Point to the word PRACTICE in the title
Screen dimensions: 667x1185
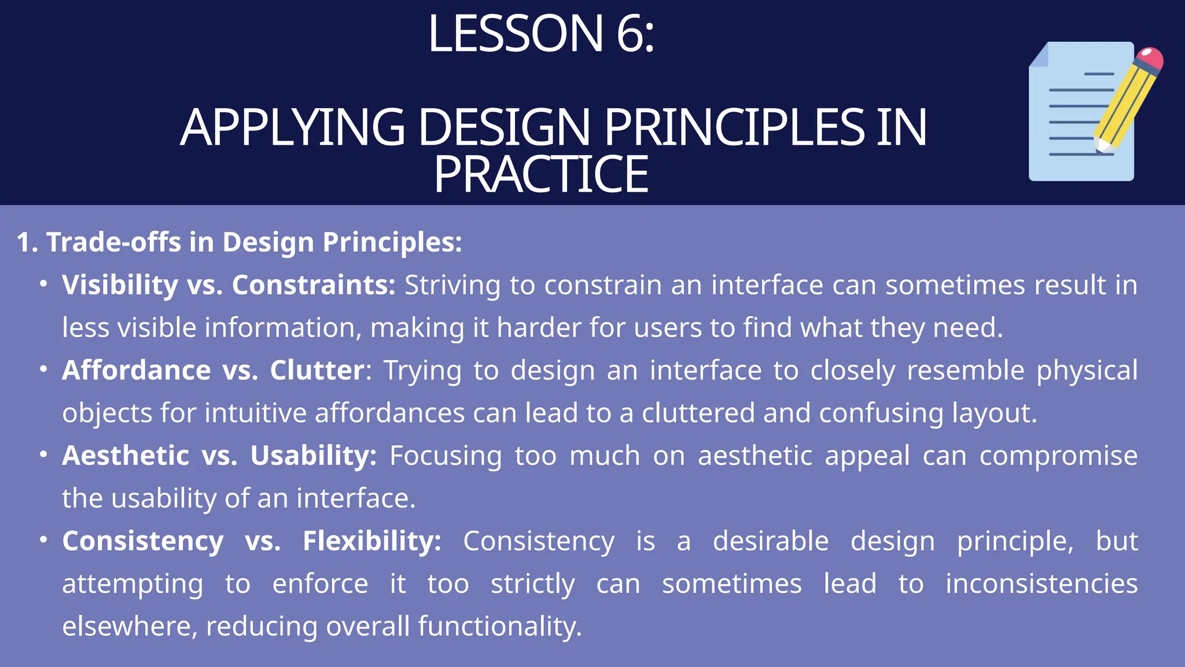pos(541,174)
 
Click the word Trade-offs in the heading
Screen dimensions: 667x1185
pos(113,242)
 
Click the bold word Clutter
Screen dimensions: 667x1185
pos(317,370)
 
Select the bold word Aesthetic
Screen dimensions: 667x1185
pos(126,456)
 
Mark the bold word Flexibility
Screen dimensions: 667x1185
pos(371,541)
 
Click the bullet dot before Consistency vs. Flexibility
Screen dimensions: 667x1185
pos(43,540)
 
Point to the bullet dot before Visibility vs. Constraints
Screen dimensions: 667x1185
pos(43,284)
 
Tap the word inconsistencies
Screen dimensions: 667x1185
pos(1042,584)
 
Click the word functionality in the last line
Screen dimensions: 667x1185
pos(499,626)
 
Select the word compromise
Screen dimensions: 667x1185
pos(1058,456)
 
